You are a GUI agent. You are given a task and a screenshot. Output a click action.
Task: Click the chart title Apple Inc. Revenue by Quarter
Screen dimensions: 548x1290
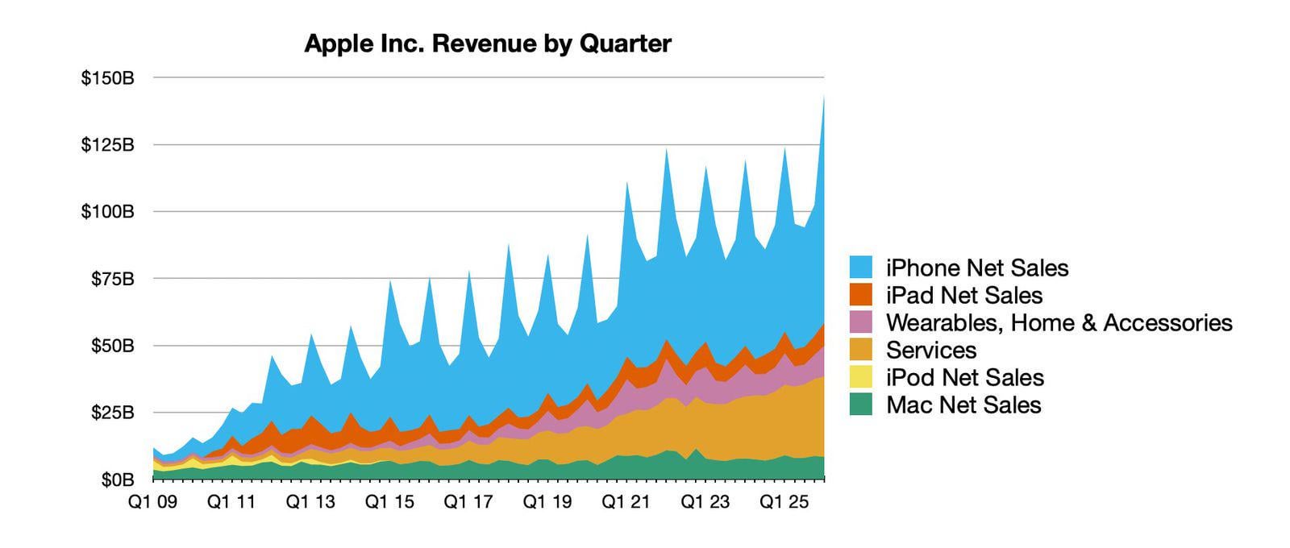[487, 44]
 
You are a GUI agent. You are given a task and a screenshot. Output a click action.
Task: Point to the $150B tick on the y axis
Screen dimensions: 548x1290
[107, 79]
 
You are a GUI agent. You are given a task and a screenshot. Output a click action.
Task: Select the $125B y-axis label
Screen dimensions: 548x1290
[107, 146]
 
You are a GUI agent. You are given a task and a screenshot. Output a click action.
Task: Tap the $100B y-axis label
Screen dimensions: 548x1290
[107, 213]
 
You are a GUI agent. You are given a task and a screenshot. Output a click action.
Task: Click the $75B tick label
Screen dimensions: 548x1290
[111, 280]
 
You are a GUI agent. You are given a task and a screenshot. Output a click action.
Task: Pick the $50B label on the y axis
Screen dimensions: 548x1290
[111, 347]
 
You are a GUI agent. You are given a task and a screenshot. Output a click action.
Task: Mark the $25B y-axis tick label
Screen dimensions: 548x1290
[111, 413]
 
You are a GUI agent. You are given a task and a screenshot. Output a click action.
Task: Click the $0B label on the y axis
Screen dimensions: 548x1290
[114, 480]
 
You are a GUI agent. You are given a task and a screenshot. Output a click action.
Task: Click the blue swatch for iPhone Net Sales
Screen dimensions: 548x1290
[861, 268]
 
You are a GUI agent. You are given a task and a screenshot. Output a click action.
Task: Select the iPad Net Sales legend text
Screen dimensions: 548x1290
[964, 295]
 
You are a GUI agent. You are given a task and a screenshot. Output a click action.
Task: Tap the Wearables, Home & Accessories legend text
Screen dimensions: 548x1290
[1059, 322]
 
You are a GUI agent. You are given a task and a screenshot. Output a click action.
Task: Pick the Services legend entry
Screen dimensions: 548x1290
[931, 350]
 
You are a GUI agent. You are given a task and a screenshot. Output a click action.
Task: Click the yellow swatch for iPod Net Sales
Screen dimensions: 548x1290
[861, 377]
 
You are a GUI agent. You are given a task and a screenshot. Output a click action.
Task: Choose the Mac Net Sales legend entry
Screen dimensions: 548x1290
[963, 405]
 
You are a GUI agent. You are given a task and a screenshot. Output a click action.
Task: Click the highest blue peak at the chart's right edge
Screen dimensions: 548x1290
[823, 98]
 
